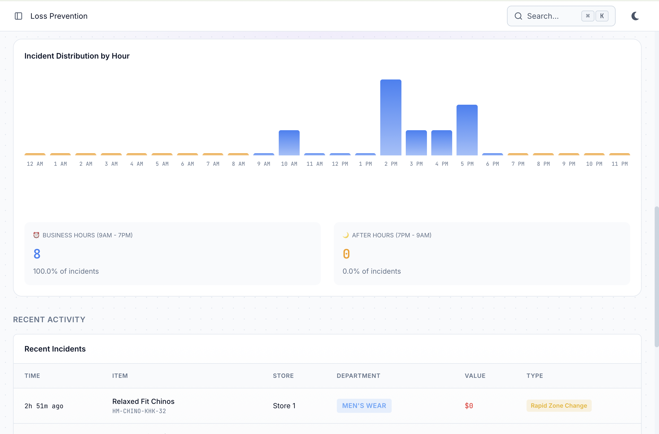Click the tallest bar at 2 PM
[x=390, y=117]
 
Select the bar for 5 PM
[x=467, y=130]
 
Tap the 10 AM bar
[x=289, y=143]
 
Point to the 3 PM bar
[x=416, y=143]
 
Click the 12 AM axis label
[x=35, y=164]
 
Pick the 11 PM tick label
[x=619, y=164]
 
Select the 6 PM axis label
[x=492, y=164]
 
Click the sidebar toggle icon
[x=18, y=16]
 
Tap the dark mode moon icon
[x=635, y=16]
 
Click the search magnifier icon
[x=518, y=16]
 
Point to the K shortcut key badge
[x=602, y=16]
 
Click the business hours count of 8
[x=37, y=254]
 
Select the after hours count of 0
[x=346, y=254]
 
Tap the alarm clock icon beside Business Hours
[x=36, y=235]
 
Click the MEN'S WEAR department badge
[x=364, y=406]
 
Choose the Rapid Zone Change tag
[x=559, y=406]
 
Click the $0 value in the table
[x=468, y=406]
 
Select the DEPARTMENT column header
[x=358, y=376]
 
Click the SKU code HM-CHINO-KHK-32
[x=139, y=411]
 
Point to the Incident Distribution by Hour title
[x=77, y=56]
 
